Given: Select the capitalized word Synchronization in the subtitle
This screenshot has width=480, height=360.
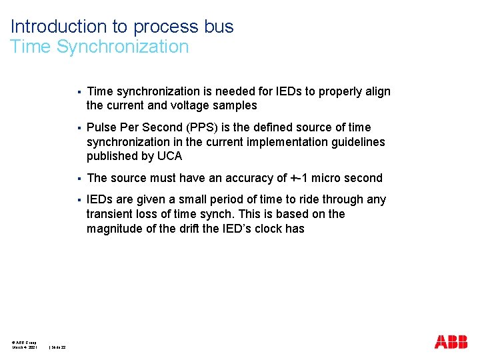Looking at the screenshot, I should point(123,47).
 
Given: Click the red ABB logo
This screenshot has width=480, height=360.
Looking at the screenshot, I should point(451,342).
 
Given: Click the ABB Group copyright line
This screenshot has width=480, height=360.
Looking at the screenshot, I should point(25,342).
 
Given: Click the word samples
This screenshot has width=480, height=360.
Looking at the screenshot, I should point(234,105).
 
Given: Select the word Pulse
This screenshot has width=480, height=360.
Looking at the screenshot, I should point(101,127).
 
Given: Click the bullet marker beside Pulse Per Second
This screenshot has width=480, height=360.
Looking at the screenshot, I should point(79,127).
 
